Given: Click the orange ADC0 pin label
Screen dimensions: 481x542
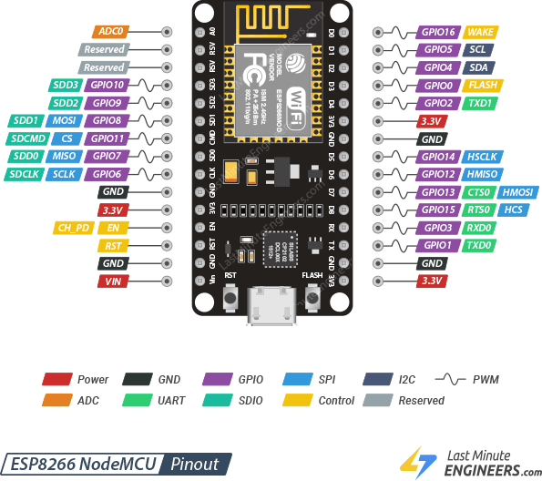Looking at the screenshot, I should tap(111, 31).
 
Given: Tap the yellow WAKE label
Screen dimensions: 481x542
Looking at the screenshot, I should tap(480, 32).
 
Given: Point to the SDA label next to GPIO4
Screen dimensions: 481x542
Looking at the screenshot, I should tap(478, 67).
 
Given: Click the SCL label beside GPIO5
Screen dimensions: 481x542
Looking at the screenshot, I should tap(478, 49).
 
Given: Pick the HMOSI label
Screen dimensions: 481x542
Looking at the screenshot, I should tap(517, 192).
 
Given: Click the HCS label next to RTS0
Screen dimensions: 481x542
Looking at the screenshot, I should tap(514, 210).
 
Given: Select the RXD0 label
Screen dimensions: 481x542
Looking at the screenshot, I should tap(479, 228).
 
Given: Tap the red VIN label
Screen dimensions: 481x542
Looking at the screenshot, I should tap(113, 281).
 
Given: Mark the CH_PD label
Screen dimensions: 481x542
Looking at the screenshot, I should tap(74, 228).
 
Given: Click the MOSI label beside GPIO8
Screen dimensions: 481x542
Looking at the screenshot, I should tap(63, 120).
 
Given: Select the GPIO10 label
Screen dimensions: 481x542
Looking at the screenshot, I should tap(106, 85).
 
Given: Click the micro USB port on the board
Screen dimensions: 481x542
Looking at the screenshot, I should tap(271, 302).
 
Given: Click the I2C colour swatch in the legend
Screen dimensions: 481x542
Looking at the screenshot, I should tap(377, 379).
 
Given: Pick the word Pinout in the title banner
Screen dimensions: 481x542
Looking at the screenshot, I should tap(194, 463).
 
